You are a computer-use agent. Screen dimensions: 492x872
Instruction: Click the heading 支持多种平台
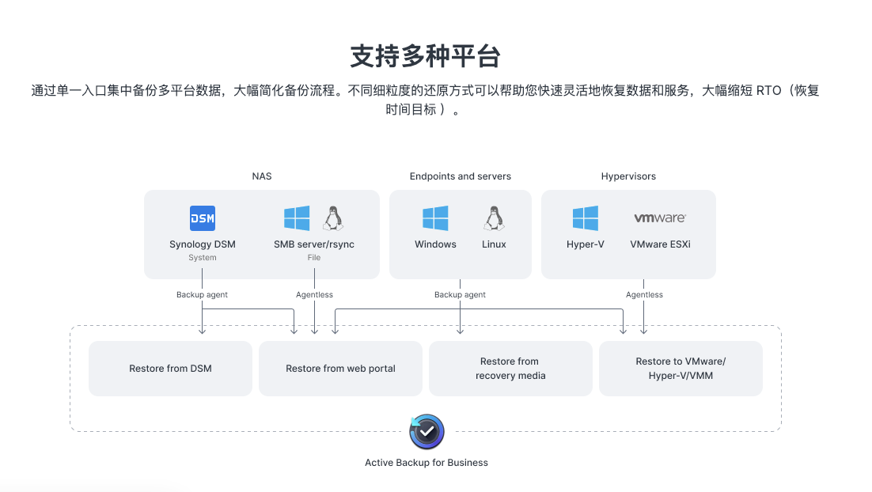click(x=426, y=57)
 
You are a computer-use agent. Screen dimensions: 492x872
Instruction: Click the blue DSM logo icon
click(x=203, y=218)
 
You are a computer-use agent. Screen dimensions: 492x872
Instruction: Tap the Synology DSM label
click(x=203, y=244)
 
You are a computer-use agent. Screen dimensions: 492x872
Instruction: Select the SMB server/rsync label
click(x=314, y=244)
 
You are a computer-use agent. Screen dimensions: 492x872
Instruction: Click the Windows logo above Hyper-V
click(x=586, y=218)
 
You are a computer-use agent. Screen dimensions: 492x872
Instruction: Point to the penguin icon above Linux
click(x=494, y=218)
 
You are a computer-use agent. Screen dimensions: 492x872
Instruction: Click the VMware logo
click(x=660, y=218)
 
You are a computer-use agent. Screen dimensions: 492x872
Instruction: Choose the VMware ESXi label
click(x=660, y=244)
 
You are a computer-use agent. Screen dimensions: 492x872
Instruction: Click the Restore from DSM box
click(x=170, y=369)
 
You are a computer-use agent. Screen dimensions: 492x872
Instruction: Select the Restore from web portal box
click(x=340, y=369)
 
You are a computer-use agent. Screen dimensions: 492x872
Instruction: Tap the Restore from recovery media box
click(x=510, y=369)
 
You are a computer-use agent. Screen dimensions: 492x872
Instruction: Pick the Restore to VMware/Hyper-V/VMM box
click(x=681, y=369)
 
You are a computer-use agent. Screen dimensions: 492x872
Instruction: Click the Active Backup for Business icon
click(x=427, y=433)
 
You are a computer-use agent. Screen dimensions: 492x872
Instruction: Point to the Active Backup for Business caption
click(x=427, y=463)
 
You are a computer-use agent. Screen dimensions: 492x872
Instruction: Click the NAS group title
click(x=262, y=176)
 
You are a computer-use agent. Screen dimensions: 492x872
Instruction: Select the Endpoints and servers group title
click(x=461, y=176)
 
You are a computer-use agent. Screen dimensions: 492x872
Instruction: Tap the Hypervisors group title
click(x=628, y=176)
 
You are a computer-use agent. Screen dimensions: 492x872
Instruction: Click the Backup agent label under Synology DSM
click(x=202, y=295)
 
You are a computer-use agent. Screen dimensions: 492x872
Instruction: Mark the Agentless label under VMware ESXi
click(x=644, y=295)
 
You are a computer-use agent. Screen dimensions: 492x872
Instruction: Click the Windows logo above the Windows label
click(x=435, y=218)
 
